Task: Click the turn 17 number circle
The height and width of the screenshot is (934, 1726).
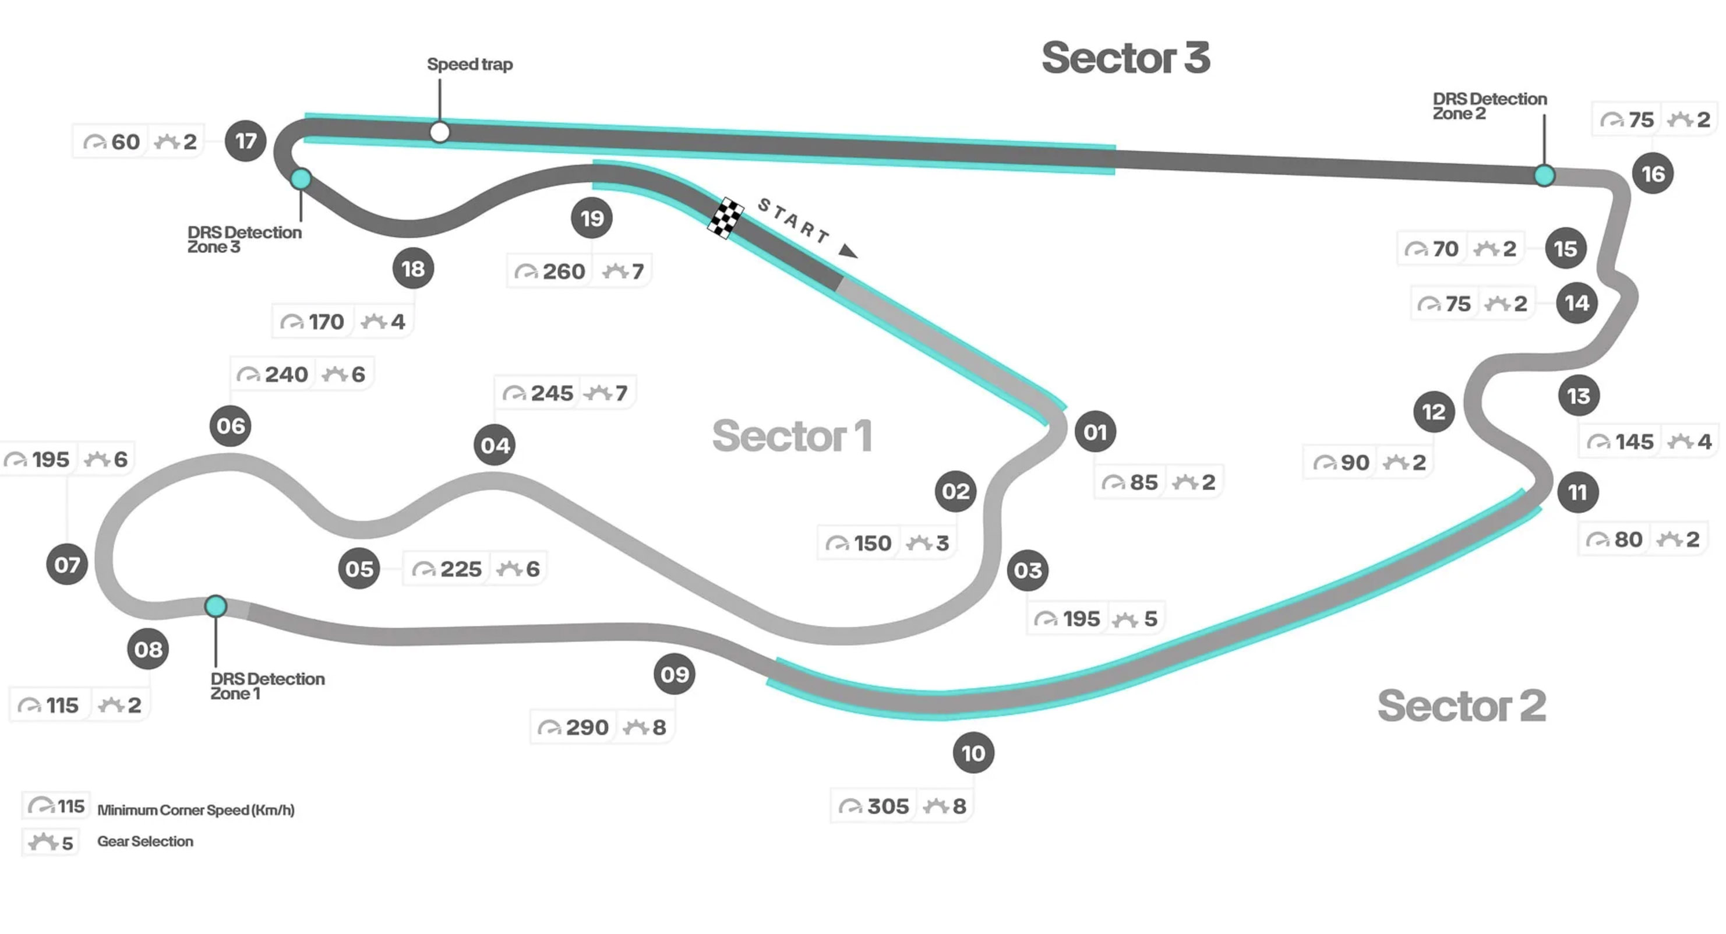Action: [245, 140]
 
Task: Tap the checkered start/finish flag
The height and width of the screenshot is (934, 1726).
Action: [726, 218]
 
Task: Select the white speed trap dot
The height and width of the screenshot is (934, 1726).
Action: [440, 132]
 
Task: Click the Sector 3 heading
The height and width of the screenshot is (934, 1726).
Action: [1125, 58]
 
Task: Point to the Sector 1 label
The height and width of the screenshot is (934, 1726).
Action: [792, 436]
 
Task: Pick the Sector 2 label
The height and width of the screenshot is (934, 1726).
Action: [1462, 706]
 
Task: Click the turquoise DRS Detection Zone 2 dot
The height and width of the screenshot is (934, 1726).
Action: [1544, 175]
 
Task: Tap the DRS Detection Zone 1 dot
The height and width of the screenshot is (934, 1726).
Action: [216, 606]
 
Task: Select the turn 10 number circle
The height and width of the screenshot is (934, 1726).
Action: [973, 753]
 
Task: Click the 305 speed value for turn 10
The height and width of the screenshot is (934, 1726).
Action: [888, 806]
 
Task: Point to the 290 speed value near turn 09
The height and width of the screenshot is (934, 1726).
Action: [587, 728]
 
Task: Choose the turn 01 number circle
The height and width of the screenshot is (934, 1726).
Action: [1095, 432]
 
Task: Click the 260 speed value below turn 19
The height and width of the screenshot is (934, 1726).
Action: [563, 272]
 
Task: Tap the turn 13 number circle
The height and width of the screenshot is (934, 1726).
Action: [1579, 396]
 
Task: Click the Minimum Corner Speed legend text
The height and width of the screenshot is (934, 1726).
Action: [196, 810]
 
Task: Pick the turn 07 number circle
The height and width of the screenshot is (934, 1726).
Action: [67, 565]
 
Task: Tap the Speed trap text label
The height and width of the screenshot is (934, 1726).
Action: [470, 64]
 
